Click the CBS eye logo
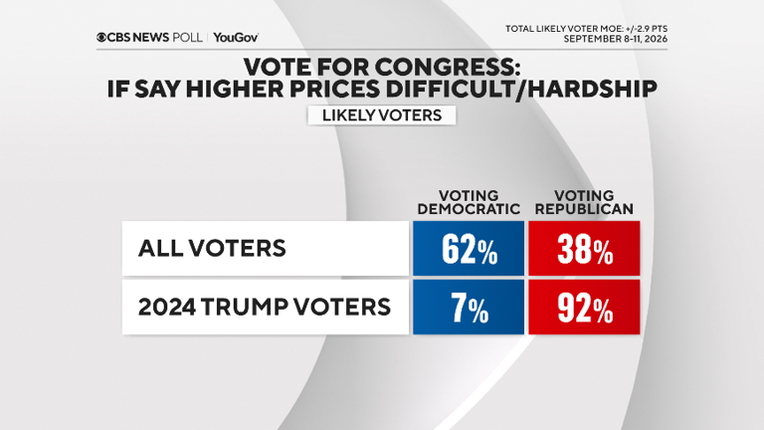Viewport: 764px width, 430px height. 101,38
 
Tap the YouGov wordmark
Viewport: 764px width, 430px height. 236,38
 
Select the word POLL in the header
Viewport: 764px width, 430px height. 187,38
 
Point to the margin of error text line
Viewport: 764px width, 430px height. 586,29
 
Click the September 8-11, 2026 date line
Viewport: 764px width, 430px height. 616,39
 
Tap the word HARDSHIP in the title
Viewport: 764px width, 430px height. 589,89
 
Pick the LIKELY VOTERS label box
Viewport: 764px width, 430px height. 382,115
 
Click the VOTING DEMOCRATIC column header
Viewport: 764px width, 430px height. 469,202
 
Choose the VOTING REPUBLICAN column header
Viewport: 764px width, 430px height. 584,202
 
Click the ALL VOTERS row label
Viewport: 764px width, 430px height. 212,248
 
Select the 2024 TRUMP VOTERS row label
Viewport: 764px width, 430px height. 265,308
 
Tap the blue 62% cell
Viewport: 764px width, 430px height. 469,248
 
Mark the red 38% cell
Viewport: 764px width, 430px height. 584,248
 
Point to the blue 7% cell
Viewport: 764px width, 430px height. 469,308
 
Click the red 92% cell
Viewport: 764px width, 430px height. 584,308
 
